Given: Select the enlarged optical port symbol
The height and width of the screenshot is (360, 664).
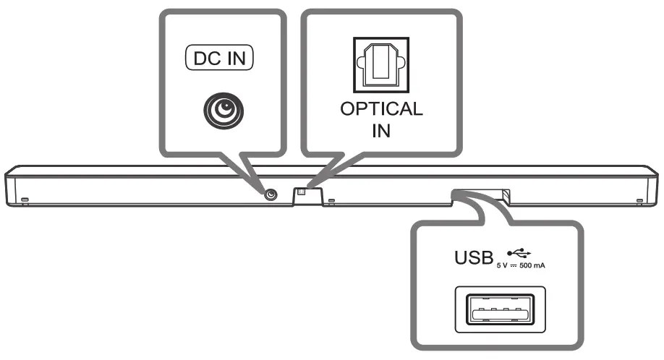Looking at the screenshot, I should click(x=381, y=62).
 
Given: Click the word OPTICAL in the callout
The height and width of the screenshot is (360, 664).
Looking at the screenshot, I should click(x=381, y=111).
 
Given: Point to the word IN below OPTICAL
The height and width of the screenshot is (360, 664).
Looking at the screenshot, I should click(x=381, y=132).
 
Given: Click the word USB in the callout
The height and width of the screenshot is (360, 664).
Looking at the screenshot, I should click(x=472, y=257).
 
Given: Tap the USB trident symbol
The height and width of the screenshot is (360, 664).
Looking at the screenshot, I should click(x=519, y=252).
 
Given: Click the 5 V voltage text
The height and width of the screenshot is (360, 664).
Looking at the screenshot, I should click(x=502, y=266).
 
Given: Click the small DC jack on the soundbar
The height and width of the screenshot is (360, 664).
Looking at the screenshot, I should click(x=271, y=194).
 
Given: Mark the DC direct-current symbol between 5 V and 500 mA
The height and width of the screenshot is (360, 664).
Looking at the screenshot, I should click(x=514, y=266).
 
